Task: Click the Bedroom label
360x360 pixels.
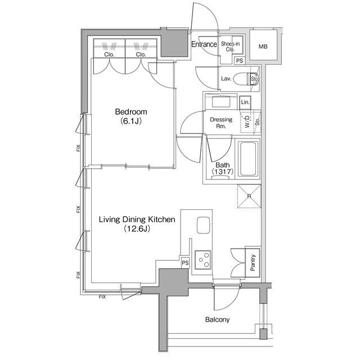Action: pos(131,112)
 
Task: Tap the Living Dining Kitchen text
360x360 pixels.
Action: pos(137,219)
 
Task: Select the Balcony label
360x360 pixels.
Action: pos(218,319)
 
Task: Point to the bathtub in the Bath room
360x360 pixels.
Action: pos(248,159)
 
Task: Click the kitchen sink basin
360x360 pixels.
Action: pos(204,225)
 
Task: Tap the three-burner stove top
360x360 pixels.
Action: pos(203,260)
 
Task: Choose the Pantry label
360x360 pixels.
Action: pos(253,263)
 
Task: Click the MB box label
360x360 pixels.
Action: pos(263,47)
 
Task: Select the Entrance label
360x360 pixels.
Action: pos(204,44)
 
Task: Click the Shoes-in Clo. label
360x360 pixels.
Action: pos(230,46)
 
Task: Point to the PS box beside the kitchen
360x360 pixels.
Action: pos(185,263)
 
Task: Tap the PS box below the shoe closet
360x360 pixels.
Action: pos(240,61)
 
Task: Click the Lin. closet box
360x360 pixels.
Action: pos(245,102)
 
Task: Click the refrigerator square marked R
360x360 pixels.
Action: pos(249,196)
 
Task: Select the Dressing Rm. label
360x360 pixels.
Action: pos(221,123)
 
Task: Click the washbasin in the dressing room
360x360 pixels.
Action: pos(221,102)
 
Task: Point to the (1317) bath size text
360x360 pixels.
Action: pos(223,171)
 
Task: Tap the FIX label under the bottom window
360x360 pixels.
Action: pos(102,297)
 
